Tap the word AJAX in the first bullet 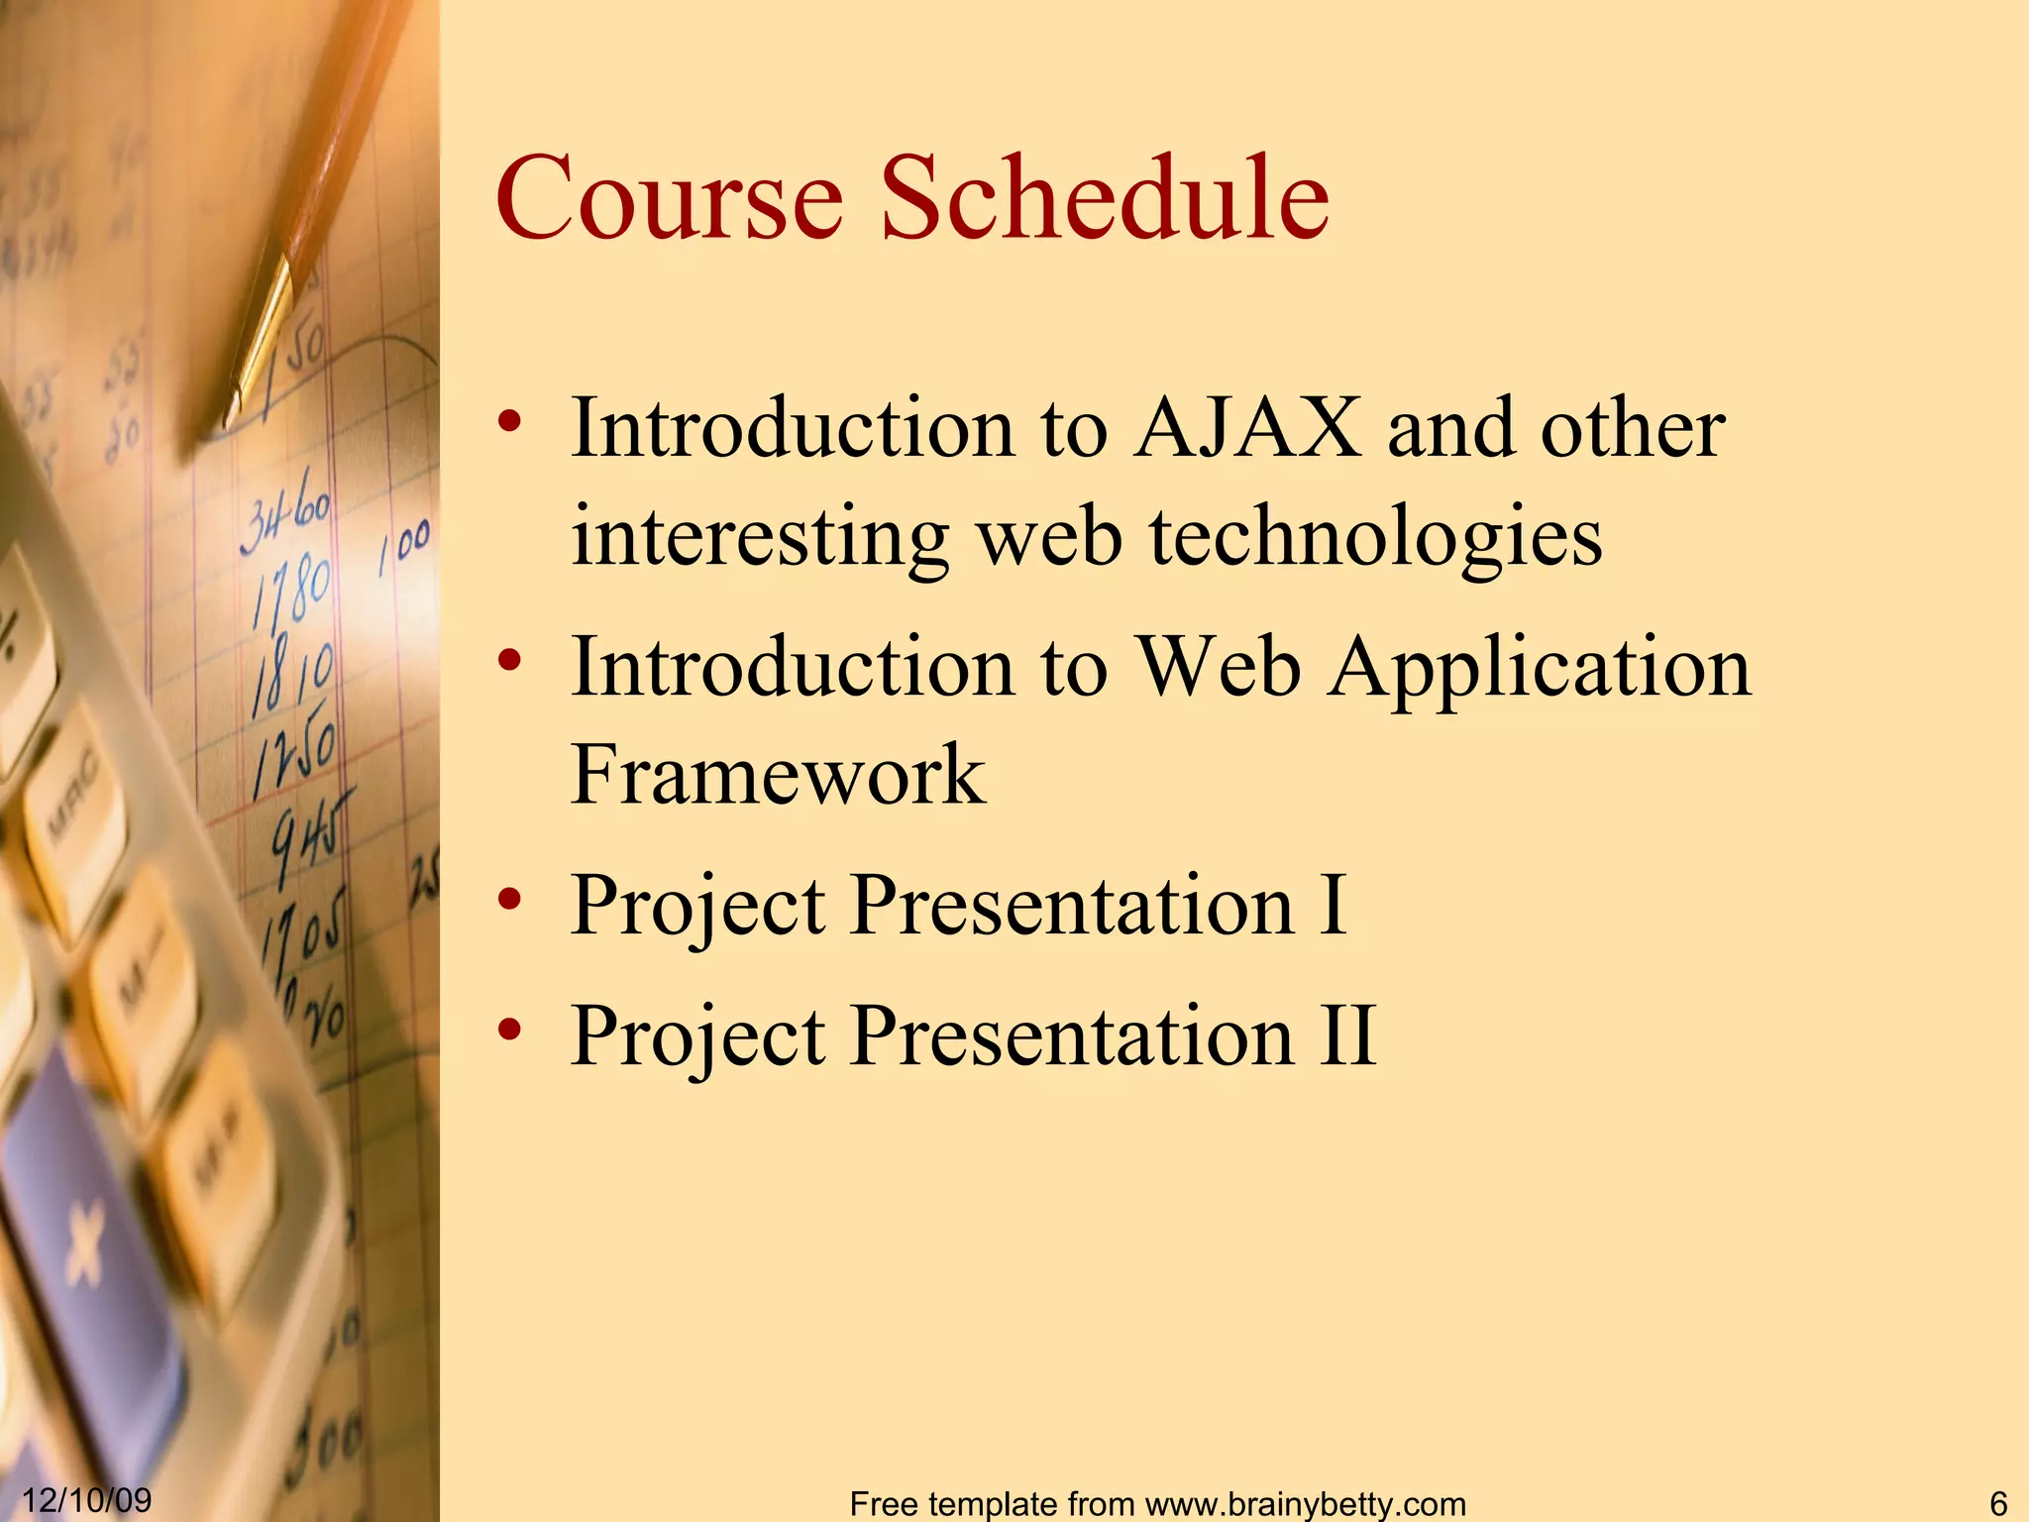coord(1248,428)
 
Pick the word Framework coord(778,775)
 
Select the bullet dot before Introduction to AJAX coord(509,422)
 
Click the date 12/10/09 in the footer coord(86,1499)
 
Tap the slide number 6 coord(1997,1502)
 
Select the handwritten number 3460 coord(285,519)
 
